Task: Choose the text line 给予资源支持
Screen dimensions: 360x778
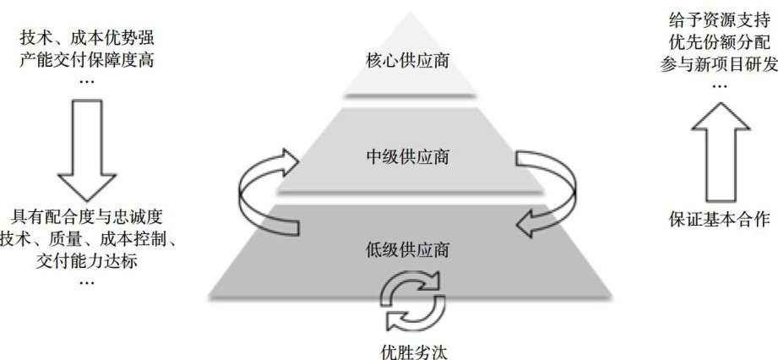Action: coord(718,19)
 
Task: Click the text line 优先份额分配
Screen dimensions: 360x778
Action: coord(718,41)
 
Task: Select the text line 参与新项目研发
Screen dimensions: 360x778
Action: coord(718,64)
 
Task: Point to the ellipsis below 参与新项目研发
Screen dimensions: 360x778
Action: coord(718,85)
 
